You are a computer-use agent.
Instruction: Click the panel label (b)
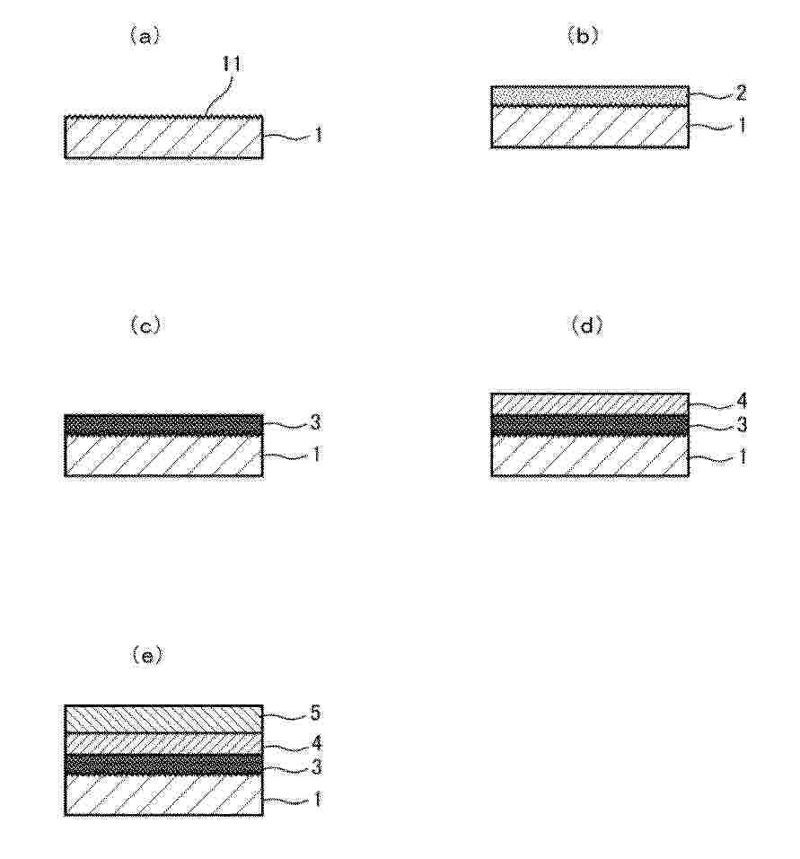(x=583, y=36)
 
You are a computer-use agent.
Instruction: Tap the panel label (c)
(x=145, y=326)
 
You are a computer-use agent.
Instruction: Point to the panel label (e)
(x=146, y=655)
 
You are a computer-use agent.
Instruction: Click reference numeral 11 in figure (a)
(x=233, y=65)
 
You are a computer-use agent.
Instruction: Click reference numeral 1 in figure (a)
(x=318, y=135)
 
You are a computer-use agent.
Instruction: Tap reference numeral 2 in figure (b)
(x=741, y=93)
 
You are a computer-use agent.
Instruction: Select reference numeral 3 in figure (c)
(x=316, y=422)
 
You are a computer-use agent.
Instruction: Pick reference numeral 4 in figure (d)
(x=742, y=402)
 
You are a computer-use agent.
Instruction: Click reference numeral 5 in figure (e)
(x=316, y=713)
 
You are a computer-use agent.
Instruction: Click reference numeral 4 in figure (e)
(x=316, y=743)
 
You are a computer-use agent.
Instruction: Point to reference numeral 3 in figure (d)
(x=742, y=425)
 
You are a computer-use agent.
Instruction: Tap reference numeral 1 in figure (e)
(x=317, y=800)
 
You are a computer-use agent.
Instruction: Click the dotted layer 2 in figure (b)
(x=590, y=96)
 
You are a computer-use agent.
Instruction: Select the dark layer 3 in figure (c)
(x=163, y=425)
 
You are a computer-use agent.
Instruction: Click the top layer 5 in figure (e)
(x=163, y=719)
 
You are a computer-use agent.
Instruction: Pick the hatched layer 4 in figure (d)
(x=590, y=403)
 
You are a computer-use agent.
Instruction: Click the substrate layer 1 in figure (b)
(x=590, y=127)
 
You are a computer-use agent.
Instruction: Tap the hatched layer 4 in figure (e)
(x=163, y=743)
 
